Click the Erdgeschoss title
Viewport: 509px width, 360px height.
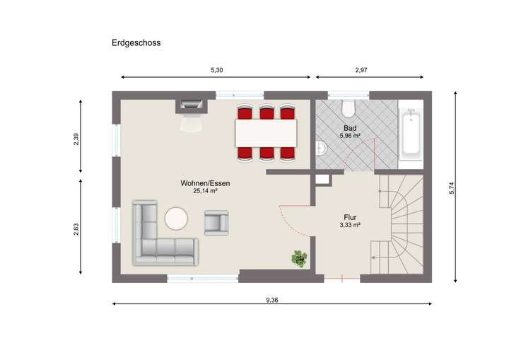pyautogui.click(x=136, y=43)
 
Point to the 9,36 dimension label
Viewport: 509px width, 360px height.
pyautogui.click(x=271, y=299)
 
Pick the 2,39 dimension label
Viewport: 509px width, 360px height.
pyautogui.click(x=76, y=139)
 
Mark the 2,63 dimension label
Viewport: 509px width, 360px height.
pyautogui.click(x=76, y=229)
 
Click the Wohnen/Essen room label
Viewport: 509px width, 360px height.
pyautogui.click(x=205, y=183)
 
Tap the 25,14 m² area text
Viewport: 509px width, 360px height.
pyautogui.click(x=205, y=191)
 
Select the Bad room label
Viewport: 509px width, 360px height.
pyautogui.click(x=350, y=128)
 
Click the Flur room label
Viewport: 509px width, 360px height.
pyautogui.click(x=350, y=218)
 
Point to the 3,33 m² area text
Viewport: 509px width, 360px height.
pyautogui.click(x=350, y=226)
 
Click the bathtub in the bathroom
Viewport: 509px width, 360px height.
pyautogui.click(x=410, y=135)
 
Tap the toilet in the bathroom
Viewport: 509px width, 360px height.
pyautogui.click(x=348, y=109)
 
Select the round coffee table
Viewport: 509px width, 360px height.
pyautogui.click(x=176, y=219)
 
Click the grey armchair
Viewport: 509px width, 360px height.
pyautogui.click(x=216, y=223)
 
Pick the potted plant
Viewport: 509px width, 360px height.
pyautogui.click(x=300, y=258)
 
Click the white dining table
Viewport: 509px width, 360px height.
pyautogui.click(x=266, y=132)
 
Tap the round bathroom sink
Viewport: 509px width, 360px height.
pyautogui.click(x=322, y=149)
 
